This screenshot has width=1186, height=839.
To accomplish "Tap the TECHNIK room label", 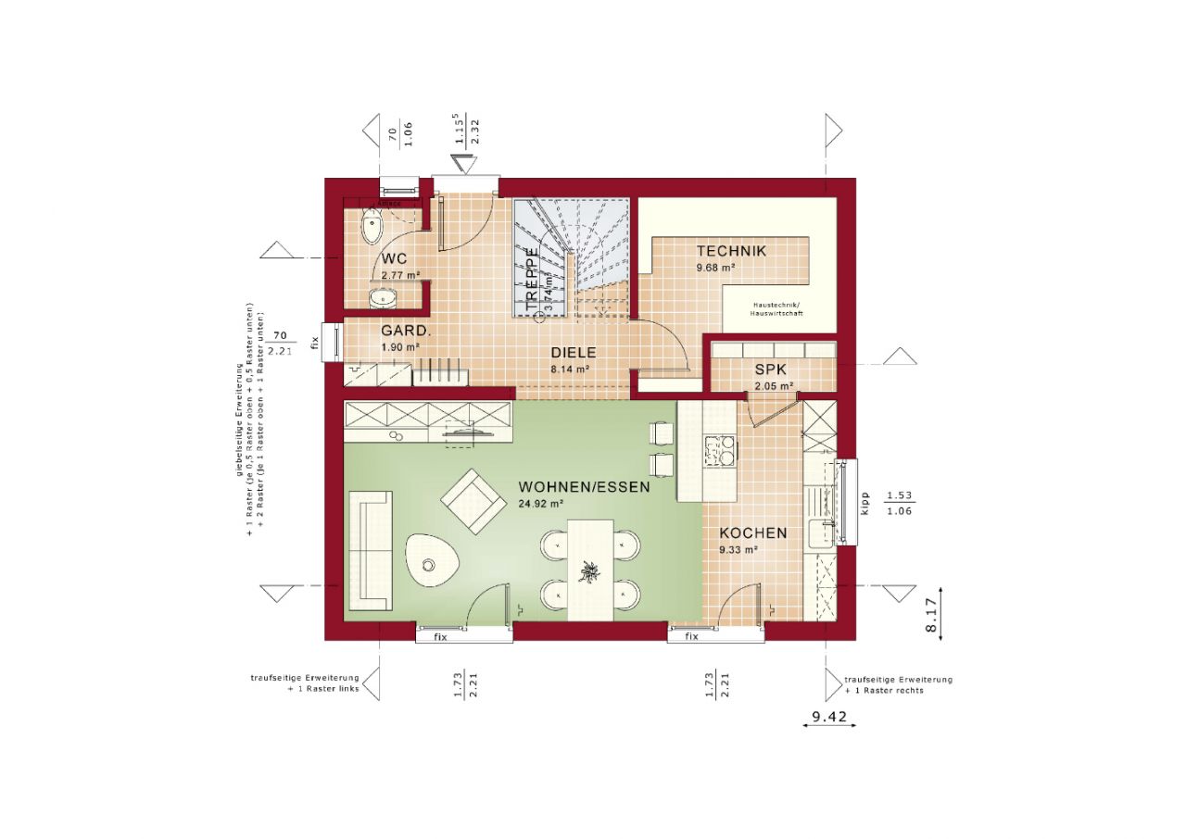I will pyautogui.click(x=731, y=251).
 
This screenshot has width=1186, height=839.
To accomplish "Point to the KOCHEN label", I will pyautogui.click(x=753, y=533).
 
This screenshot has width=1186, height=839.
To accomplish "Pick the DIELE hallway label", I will pyautogui.click(x=574, y=353).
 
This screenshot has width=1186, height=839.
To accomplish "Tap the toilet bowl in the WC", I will pyautogui.click(x=372, y=223).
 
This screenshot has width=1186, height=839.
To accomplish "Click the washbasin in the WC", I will pyautogui.click(x=382, y=296).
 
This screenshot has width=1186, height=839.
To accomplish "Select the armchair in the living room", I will pyautogui.click(x=473, y=501).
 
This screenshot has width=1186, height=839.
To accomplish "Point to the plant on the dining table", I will pyautogui.click(x=588, y=573).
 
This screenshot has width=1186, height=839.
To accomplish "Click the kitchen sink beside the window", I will pyautogui.click(x=820, y=534).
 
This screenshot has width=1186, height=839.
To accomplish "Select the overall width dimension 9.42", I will pyautogui.click(x=830, y=715).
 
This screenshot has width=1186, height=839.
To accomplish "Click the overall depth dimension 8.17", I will pyautogui.click(x=929, y=616).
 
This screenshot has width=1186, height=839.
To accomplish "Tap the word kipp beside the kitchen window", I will pyautogui.click(x=864, y=503).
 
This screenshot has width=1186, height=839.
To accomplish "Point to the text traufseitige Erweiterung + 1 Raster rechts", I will pyautogui.click(x=897, y=684).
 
